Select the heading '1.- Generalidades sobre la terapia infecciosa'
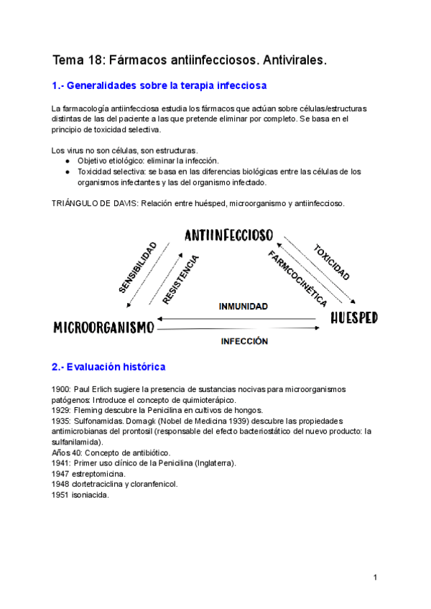(x=159, y=86)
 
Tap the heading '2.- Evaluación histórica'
(x=108, y=367)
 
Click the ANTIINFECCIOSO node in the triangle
(x=228, y=236)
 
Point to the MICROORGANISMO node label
(x=104, y=327)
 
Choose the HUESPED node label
(x=354, y=318)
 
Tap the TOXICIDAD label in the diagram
(x=331, y=263)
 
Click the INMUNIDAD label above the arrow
(x=244, y=306)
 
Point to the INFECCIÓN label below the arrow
(x=244, y=341)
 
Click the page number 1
(x=375, y=577)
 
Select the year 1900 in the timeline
(x=61, y=389)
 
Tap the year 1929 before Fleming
(x=61, y=410)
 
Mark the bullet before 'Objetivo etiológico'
(x=67, y=161)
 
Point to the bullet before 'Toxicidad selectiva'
(x=67, y=172)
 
